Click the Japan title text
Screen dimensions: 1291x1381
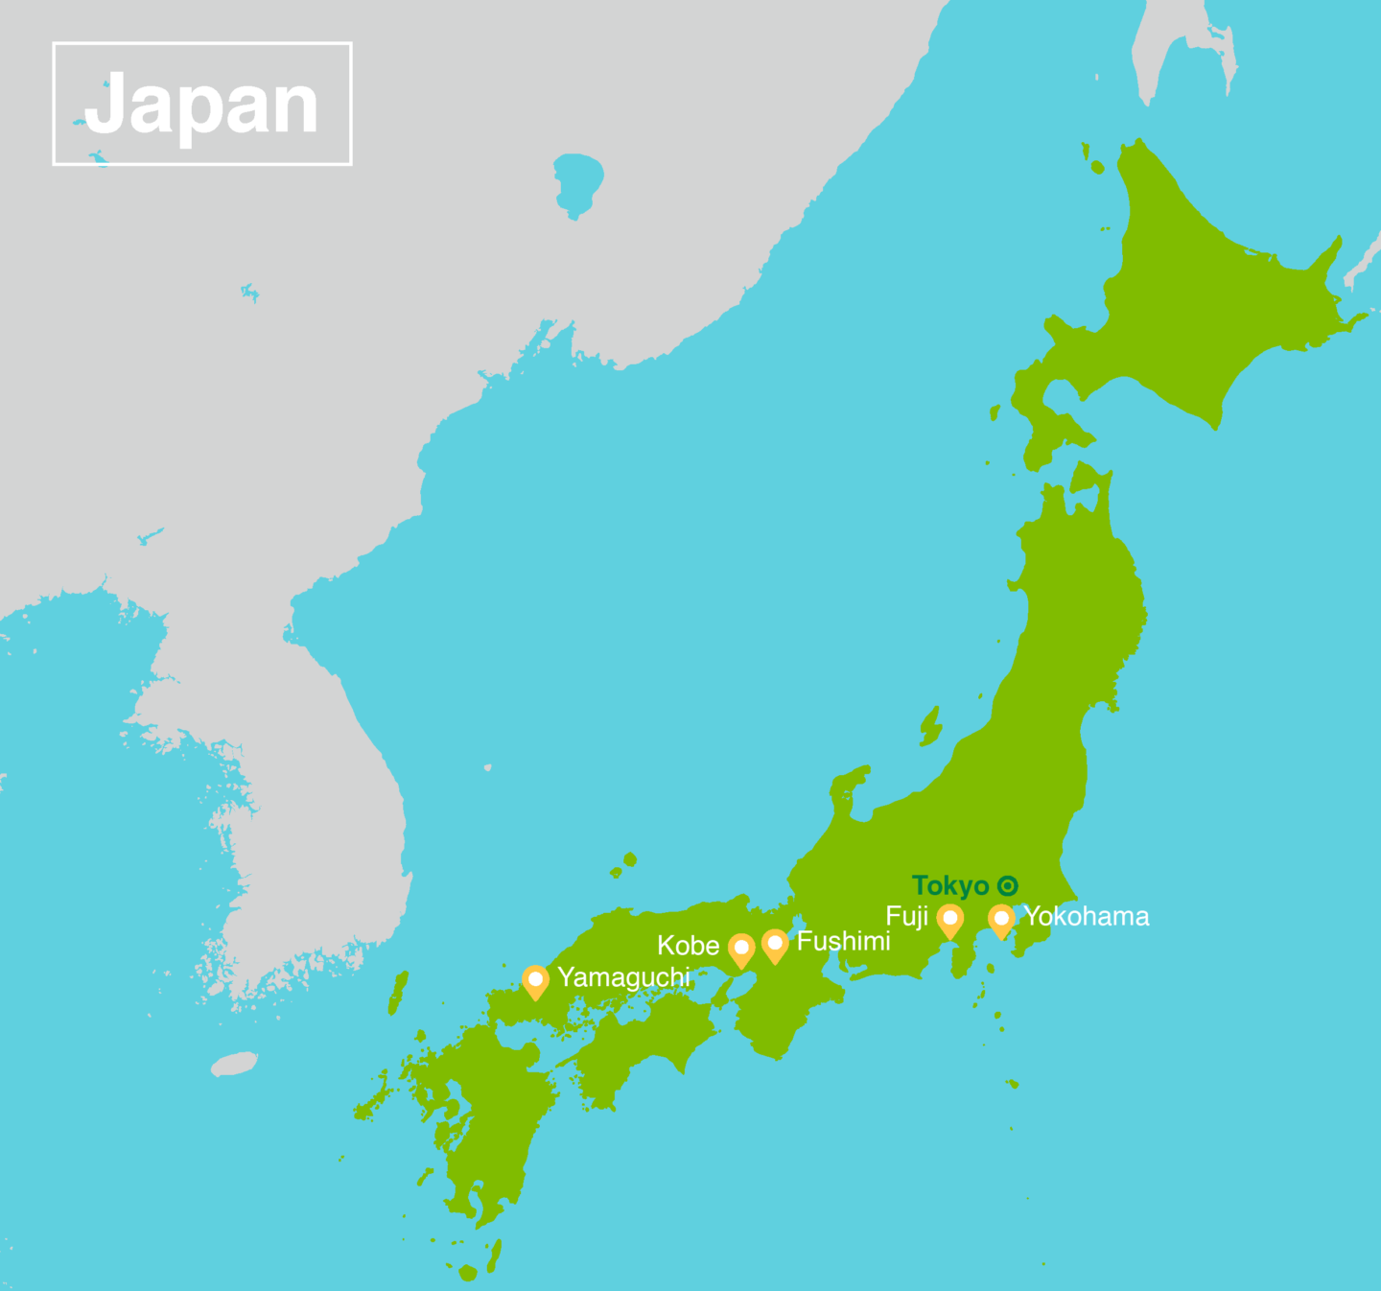(201, 105)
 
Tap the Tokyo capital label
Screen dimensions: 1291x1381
(949, 885)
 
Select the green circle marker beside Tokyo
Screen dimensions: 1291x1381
(1007, 885)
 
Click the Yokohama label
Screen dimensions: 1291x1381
(1087, 917)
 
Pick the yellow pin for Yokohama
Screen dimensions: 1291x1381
(1001, 920)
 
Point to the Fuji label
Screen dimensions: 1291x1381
(906, 917)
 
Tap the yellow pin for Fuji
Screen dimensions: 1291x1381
(949, 920)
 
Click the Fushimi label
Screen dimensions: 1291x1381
(843, 942)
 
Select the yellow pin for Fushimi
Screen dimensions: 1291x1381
(775, 945)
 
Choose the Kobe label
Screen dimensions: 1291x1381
(688, 946)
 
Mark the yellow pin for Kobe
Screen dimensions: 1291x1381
(741, 950)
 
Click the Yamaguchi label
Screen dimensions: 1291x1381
(623, 977)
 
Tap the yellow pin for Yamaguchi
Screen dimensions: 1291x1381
(536, 981)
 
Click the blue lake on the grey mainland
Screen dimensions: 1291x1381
(577, 180)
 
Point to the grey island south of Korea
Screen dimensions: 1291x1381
(235, 1064)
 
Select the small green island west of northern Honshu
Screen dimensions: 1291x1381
(929, 726)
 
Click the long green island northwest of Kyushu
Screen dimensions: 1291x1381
(398, 993)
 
